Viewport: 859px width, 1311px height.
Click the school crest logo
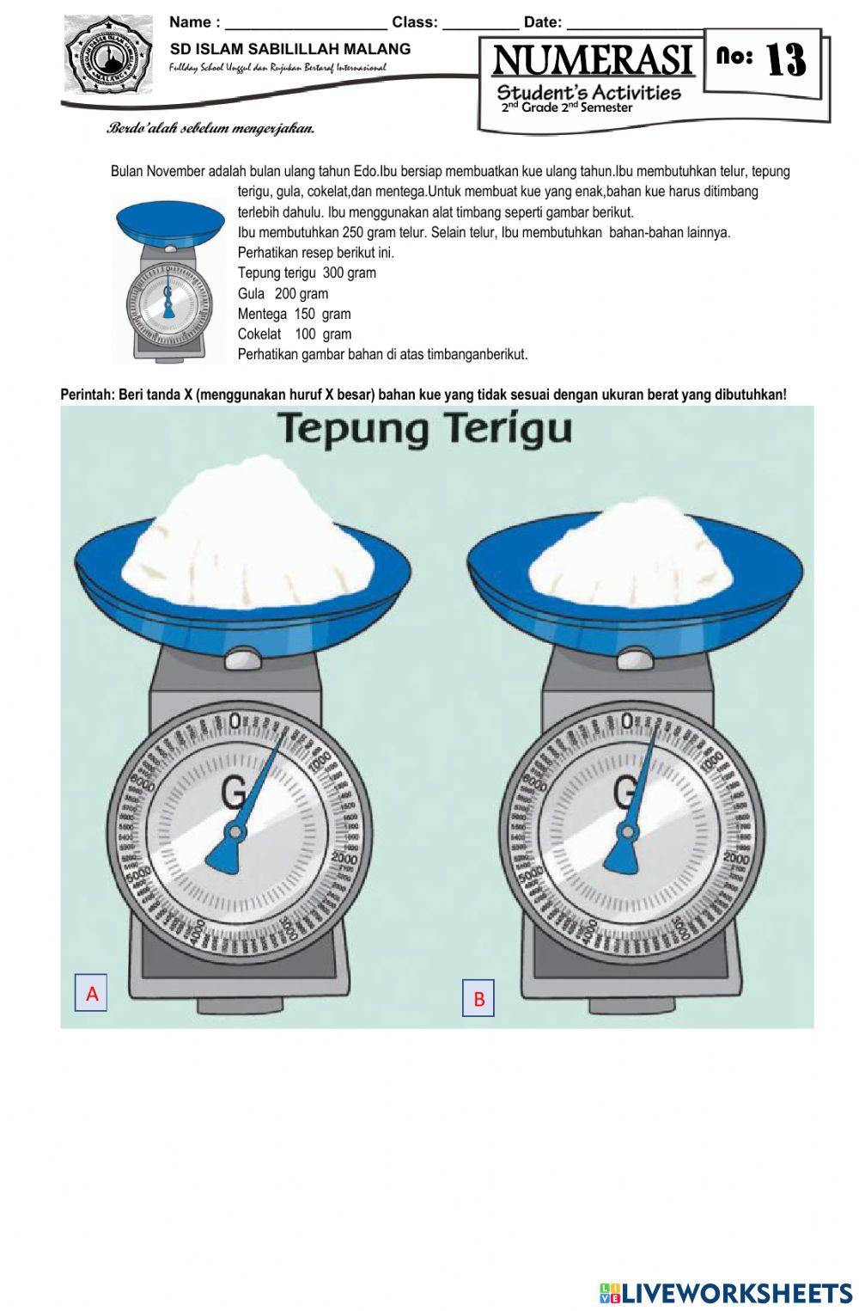(107, 55)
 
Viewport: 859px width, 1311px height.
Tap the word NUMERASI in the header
(593, 61)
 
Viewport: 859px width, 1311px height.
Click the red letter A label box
(92, 993)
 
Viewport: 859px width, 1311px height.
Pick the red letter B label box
(478, 999)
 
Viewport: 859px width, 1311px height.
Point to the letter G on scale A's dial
(235, 791)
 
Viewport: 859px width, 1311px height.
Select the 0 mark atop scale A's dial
(235, 721)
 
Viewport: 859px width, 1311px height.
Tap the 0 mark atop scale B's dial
(627, 721)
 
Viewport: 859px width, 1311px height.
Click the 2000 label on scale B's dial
(736, 858)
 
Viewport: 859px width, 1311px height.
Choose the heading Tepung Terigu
(425, 429)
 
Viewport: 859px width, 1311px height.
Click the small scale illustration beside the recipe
(168, 280)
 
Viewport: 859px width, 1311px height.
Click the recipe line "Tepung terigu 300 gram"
(307, 273)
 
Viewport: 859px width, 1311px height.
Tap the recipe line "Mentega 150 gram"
(294, 315)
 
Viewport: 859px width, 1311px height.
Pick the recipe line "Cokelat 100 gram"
(294, 334)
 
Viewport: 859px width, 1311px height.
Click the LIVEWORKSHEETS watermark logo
(726, 1292)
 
